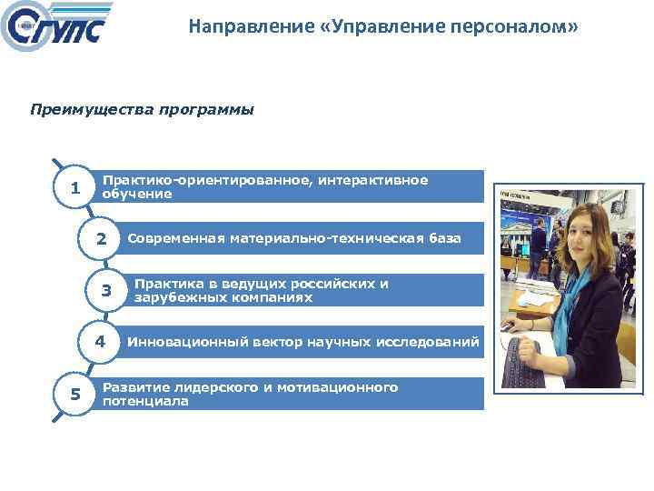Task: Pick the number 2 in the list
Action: point(103,239)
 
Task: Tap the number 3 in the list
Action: point(106,291)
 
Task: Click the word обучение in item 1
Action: point(136,194)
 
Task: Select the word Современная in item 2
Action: point(174,239)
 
